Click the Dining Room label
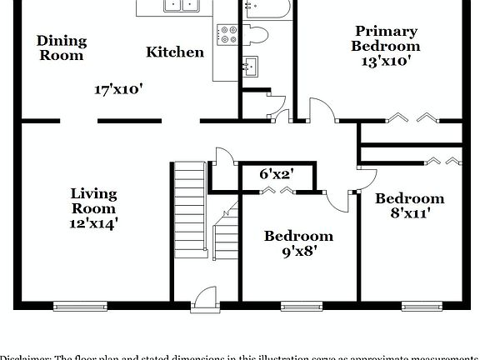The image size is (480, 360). coord(61,47)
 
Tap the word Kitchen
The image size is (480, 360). coord(175,52)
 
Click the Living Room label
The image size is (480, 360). coord(93,201)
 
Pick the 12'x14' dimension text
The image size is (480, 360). coord(93,223)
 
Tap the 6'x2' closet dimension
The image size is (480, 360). coord(275,175)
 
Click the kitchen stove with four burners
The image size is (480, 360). coord(228,35)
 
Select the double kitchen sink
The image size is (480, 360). coord(182,5)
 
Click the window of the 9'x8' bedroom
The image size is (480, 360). coord(298,306)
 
